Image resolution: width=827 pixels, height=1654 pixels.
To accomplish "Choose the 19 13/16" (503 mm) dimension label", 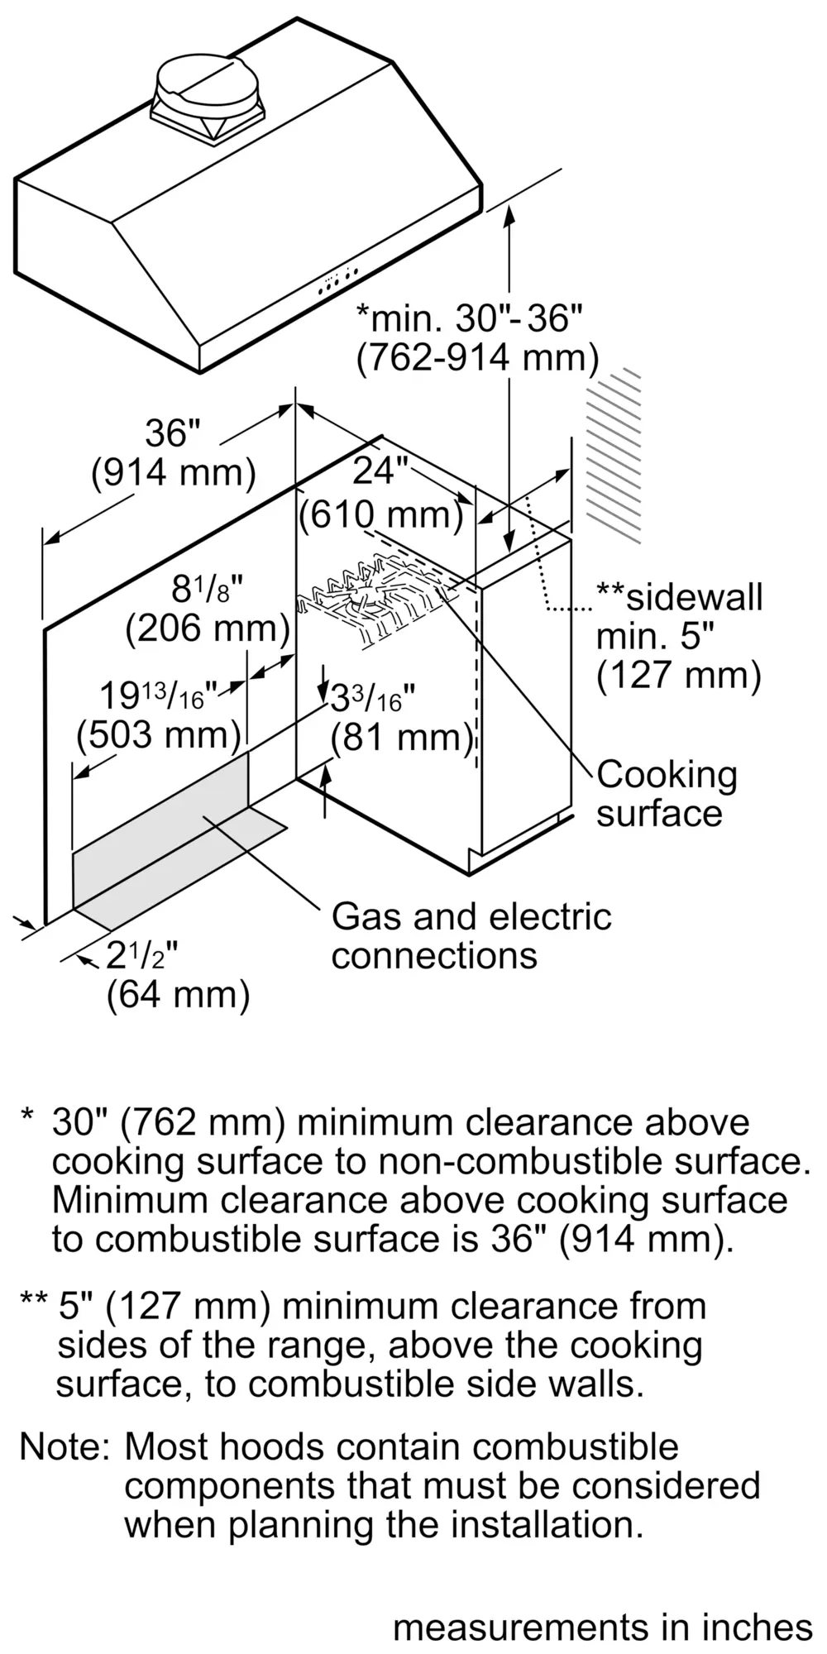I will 157,715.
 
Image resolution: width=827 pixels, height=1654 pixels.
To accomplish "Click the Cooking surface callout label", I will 667,794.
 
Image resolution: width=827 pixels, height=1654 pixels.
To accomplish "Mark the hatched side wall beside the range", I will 613,455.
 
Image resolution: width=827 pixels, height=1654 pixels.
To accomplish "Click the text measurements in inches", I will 603,1627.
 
